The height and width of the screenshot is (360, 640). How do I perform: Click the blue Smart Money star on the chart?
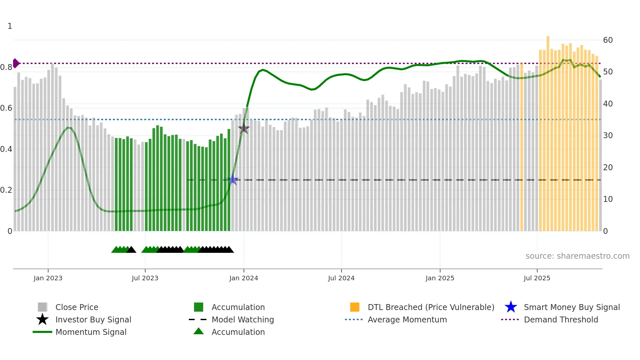coord(233,180)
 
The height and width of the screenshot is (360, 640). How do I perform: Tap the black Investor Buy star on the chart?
coord(244,128)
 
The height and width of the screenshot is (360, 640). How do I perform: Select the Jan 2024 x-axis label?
coord(244,278)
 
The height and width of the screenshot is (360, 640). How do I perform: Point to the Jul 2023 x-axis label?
coord(145,278)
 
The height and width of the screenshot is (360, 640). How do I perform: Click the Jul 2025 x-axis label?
coord(537,278)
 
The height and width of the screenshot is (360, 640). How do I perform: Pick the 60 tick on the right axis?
coord(608,40)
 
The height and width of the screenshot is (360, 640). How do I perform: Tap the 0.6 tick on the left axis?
coord(6,108)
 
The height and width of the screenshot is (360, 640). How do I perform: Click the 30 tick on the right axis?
coord(608,136)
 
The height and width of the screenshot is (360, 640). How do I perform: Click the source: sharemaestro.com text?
coord(577,256)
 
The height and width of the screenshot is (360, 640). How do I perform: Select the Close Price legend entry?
coord(77,307)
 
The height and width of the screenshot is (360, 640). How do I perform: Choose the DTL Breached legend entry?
coord(431,307)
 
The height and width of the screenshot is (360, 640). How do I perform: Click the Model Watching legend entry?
coord(243,319)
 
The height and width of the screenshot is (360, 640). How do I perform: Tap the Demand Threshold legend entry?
coord(561,319)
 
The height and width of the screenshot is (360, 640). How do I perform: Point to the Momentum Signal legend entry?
coord(91,332)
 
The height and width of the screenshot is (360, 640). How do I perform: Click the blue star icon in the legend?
coord(511,307)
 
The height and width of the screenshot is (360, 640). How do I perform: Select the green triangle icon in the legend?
coord(199,331)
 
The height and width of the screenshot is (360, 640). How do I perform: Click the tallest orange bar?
coord(548,131)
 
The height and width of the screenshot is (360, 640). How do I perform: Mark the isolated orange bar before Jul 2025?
coord(521,147)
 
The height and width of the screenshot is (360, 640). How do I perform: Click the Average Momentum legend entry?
coord(407,319)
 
